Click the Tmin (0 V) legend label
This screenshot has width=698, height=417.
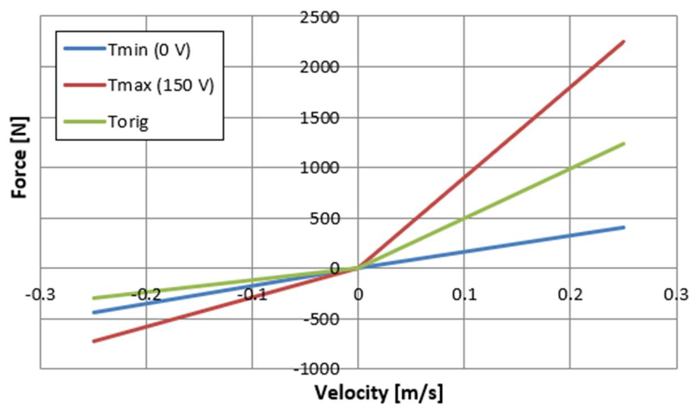click(x=149, y=50)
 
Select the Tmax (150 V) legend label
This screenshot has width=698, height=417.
click(x=161, y=85)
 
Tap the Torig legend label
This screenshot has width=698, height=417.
click(x=128, y=122)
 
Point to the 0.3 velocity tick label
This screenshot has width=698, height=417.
click(x=676, y=295)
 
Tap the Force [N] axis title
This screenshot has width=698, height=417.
click(x=19, y=157)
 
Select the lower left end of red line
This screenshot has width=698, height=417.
click(x=94, y=341)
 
